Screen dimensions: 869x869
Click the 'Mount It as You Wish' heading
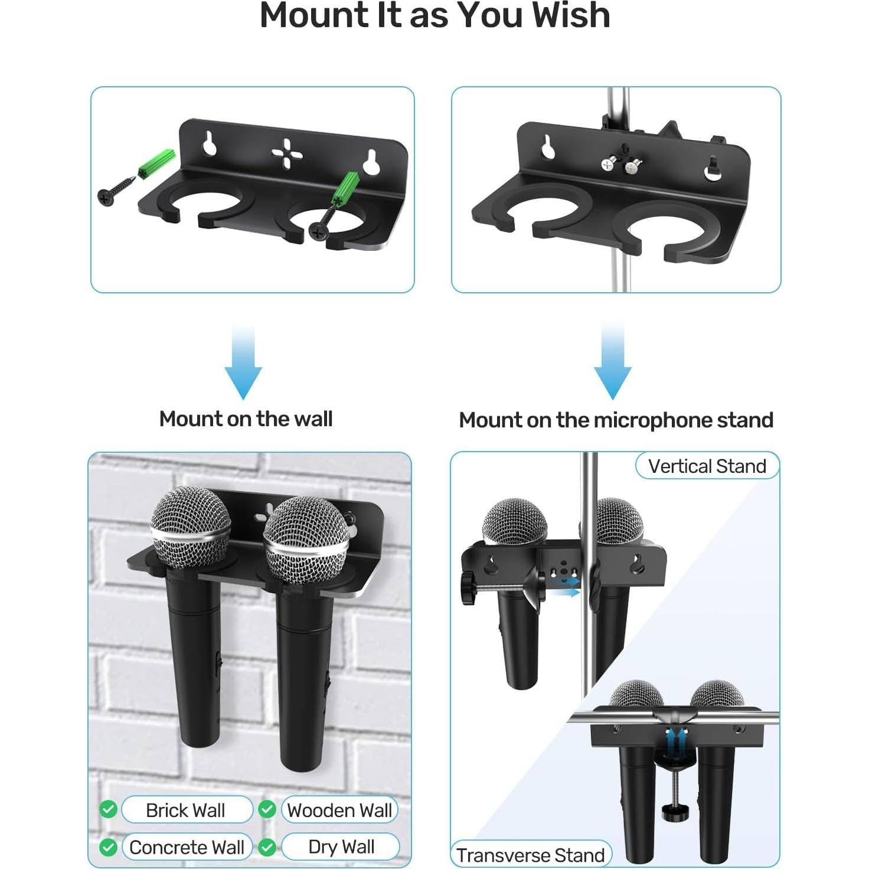(434, 16)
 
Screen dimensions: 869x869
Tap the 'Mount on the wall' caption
(246, 419)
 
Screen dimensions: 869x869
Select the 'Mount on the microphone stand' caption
(616, 420)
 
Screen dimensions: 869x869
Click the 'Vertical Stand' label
(707, 466)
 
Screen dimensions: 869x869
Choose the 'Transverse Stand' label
(530, 855)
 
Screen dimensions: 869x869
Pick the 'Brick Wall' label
(185, 811)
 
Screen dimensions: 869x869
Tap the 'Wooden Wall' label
(339, 811)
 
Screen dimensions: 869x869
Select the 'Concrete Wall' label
(187, 848)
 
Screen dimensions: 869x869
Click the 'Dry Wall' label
(341, 847)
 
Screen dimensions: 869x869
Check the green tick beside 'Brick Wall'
(108, 809)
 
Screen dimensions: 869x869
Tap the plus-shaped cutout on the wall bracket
(287, 153)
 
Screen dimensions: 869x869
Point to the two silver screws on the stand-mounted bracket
(619, 166)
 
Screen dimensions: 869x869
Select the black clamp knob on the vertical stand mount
(470, 590)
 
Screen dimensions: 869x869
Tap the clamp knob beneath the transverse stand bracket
(671, 811)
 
